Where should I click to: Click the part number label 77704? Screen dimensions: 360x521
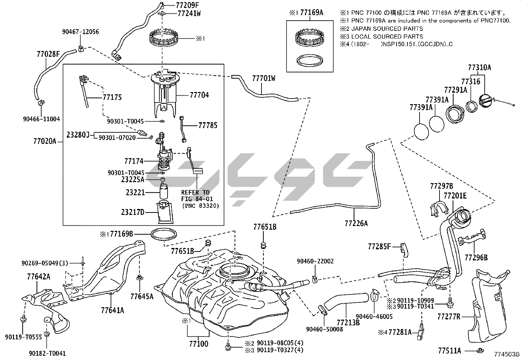199,95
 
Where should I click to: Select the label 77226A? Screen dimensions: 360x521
356,223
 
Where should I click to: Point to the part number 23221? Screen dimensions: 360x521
135,193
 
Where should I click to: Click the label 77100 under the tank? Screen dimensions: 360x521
198,344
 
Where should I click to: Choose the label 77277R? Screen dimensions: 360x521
449,316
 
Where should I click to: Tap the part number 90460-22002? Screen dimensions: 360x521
315,261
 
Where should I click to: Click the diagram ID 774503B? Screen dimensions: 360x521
507,354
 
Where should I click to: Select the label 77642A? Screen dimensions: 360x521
39,277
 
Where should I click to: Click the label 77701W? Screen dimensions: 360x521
263,78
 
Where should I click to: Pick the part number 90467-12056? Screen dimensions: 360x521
80,32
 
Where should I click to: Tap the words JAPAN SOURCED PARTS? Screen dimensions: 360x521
387,29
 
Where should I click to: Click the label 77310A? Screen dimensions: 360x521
479,68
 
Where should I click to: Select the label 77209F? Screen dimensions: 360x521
187,5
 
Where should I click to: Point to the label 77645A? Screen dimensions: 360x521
142,296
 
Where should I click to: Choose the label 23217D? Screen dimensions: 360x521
133,212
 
